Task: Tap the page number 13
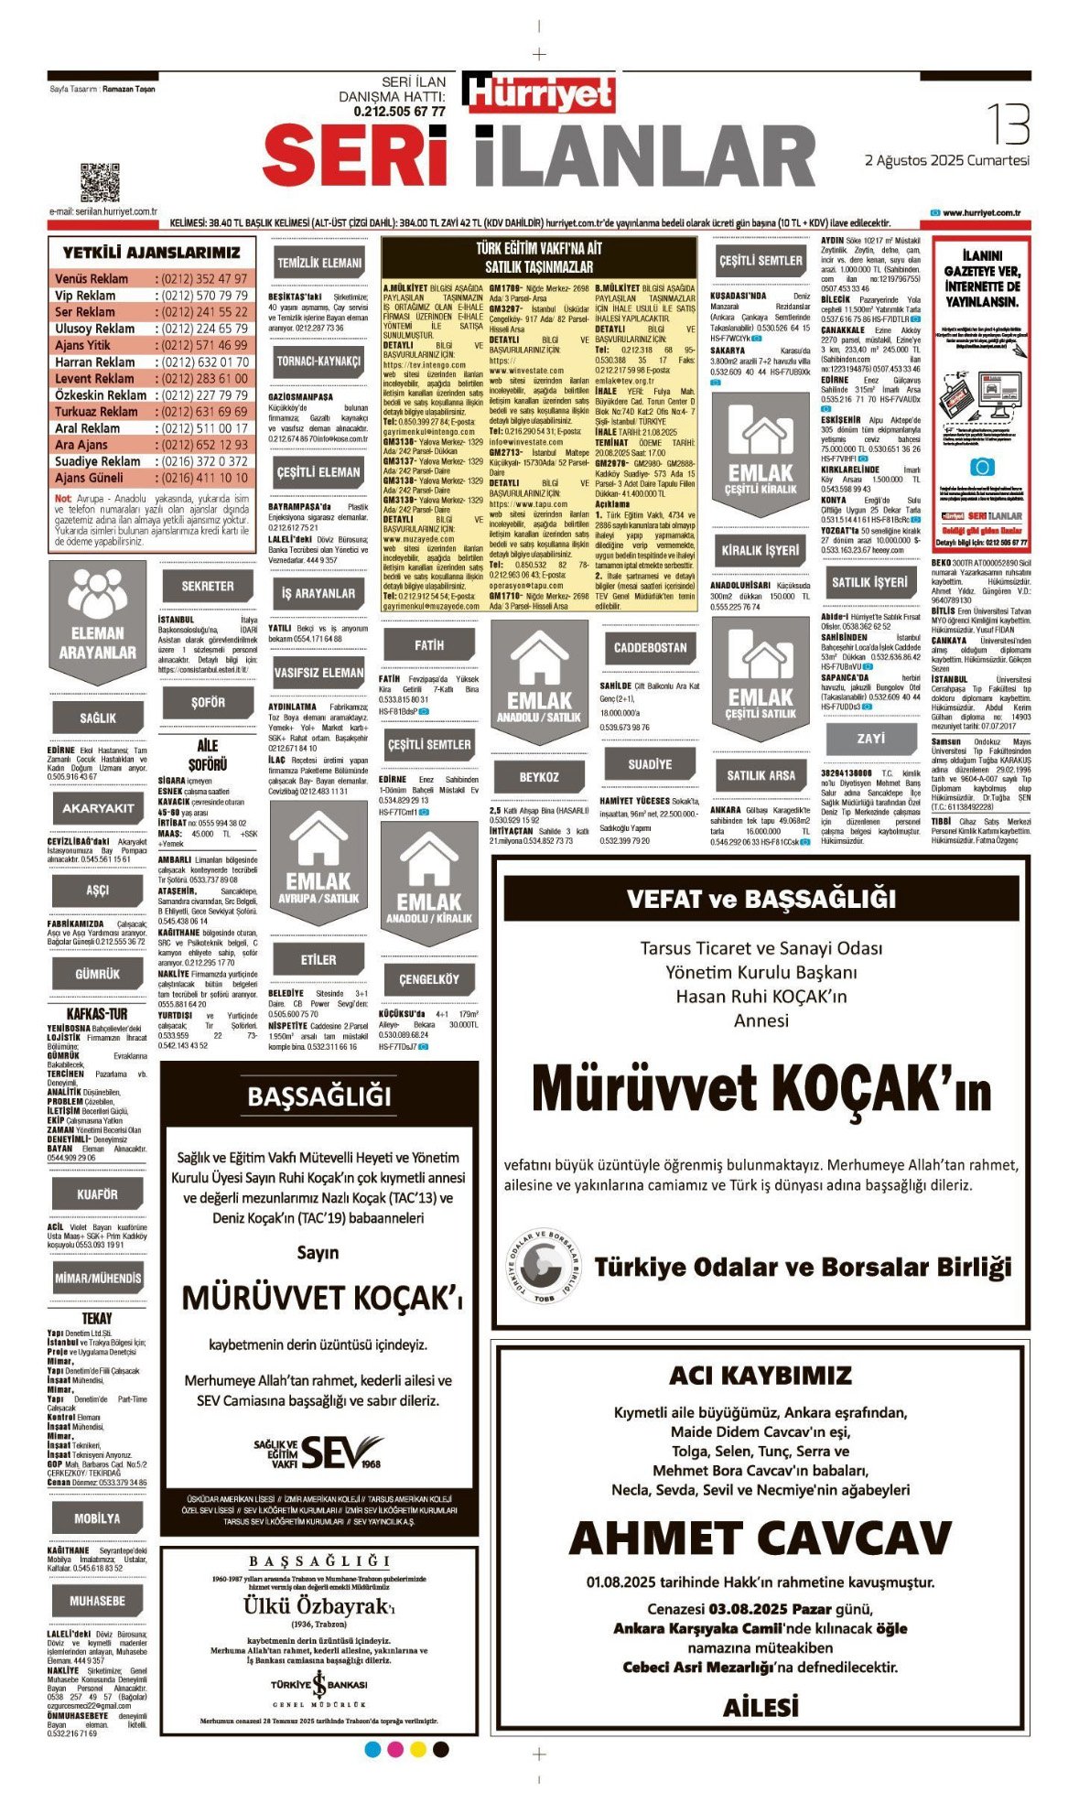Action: [1008, 124]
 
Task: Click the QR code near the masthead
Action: [99, 182]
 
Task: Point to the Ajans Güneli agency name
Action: [89, 478]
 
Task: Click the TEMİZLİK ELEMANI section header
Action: [319, 263]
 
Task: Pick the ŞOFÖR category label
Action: [208, 703]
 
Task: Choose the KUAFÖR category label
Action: [97, 1194]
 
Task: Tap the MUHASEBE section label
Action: [97, 1601]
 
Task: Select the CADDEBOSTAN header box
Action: [650, 647]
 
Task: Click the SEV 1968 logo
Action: [341, 1452]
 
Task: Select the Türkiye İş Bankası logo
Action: [319, 1685]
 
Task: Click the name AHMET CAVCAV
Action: [761, 1538]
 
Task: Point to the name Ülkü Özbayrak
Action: [317, 1606]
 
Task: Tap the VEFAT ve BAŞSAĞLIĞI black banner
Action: [761, 899]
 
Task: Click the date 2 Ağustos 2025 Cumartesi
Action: [946, 160]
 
